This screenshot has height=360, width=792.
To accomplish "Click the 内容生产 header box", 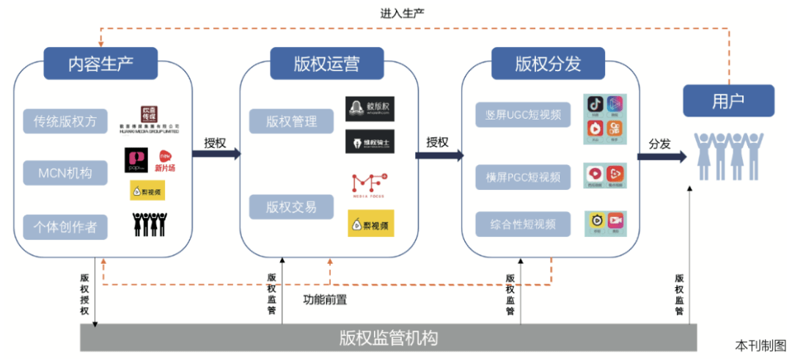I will [x=101, y=63].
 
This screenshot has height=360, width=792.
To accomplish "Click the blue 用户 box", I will [x=727, y=101].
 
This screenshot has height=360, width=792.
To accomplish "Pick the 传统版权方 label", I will [x=65, y=121].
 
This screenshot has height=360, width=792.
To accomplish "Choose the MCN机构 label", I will [x=65, y=174].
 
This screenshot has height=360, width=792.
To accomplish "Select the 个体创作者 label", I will [x=65, y=227].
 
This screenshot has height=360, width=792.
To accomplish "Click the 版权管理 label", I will [x=291, y=121].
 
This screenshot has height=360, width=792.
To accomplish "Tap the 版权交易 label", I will [x=291, y=207].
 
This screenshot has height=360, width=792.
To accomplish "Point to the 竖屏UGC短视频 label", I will [x=523, y=114].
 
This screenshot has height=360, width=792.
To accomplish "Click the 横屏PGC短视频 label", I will [x=523, y=176].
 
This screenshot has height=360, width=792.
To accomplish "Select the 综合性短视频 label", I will [x=523, y=224].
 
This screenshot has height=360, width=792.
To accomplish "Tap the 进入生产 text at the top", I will [x=403, y=13].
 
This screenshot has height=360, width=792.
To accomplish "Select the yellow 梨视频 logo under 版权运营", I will [x=370, y=224].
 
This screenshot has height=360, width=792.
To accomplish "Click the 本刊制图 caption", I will [x=760, y=345].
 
